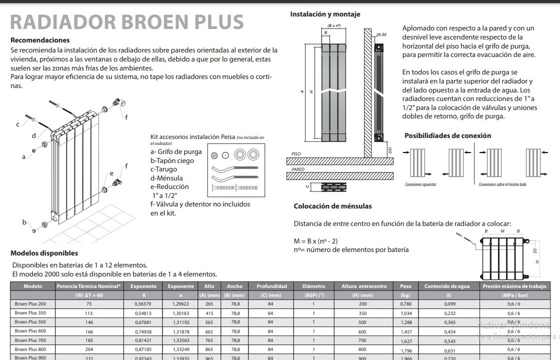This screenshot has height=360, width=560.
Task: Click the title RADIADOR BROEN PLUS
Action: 127,22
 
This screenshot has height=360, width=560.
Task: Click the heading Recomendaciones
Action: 40,40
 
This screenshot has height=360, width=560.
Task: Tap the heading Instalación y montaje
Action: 325,14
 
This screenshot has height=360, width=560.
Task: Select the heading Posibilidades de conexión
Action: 447,135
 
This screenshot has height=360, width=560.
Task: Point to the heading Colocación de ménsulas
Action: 332,206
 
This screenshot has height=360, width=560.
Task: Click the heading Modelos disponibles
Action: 44,253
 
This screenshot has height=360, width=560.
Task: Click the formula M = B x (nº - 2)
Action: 322,241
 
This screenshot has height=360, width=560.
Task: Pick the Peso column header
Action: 405,286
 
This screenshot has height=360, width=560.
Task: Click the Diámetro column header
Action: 313,286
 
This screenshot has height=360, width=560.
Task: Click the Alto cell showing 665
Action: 209,331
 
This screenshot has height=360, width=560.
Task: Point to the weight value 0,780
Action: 405,304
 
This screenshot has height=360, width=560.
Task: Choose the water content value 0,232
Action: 450,313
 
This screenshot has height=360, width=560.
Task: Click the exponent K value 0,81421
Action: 143,340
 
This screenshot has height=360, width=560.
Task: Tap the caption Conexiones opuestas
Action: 420,184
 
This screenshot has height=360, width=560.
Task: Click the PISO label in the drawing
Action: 296,154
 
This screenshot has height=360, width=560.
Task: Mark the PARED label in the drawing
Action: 298,169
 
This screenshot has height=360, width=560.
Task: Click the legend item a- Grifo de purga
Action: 176,151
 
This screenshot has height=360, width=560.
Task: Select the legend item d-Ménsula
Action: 166,178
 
